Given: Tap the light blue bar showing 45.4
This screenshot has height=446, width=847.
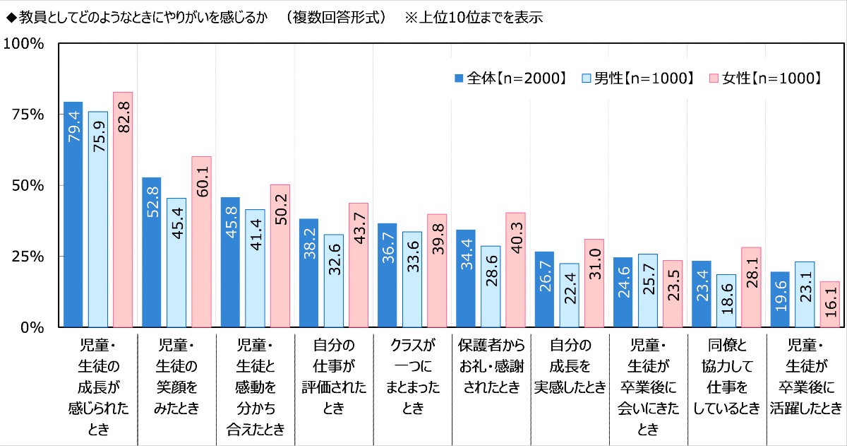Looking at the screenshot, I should [x=176, y=262].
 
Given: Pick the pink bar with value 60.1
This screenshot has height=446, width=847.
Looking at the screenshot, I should [x=201, y=242].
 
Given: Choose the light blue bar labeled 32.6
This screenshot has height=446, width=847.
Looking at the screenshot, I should [x=334, y=281].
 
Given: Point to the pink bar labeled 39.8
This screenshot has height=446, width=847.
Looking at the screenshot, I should [x=437, y=271].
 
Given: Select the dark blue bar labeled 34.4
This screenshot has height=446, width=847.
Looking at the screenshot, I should [x=465, y=278].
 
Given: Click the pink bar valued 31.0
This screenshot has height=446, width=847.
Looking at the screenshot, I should [x=594, y=283].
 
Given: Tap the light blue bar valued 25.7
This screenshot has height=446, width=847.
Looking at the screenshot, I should [x=647, y=291].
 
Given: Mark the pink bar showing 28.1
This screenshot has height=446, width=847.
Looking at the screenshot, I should [x=751, y=287].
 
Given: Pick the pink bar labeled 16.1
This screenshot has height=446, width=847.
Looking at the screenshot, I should [x=830, y=304].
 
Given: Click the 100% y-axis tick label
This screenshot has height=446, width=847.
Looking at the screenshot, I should [x=25, y=44].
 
